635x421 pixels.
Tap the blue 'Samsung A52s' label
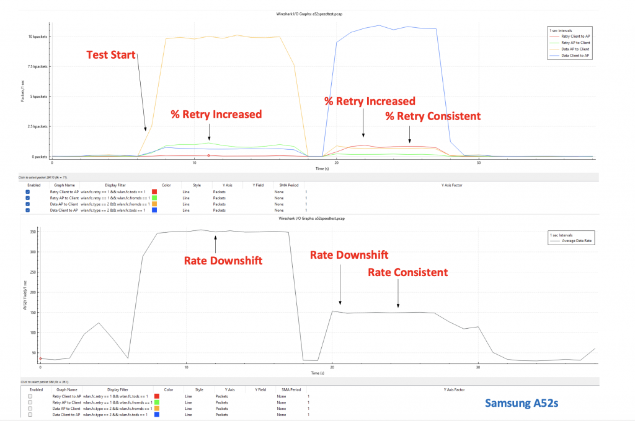pyautogui.click(x=522, y=403)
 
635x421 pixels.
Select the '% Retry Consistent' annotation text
pyautogui.click(x=433, y=116)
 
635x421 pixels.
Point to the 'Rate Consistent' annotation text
pyautogui.click(x=407, y=272)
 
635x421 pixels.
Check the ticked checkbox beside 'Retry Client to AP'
pyautogui.click(x=28, y=192)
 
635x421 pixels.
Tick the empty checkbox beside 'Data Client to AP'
pyautogui.click(x=30, y=414)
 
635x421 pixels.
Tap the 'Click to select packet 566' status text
pyautogui.click(x=43, y=382)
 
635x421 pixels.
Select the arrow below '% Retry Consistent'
pyautogui.click(x=409, y=134)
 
